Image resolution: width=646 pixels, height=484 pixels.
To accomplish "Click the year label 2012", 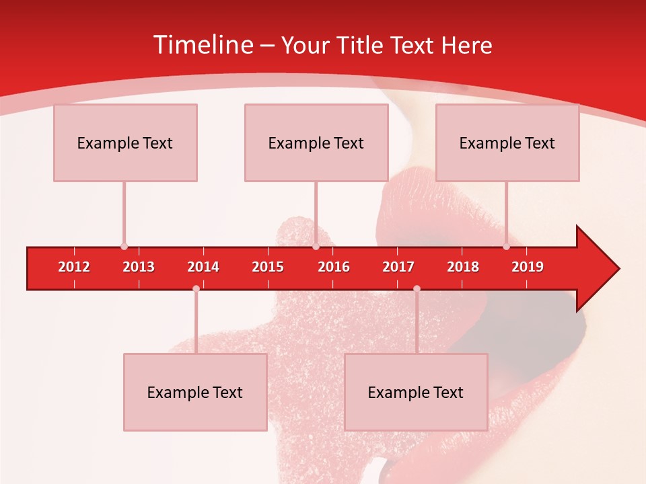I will click(74, 267).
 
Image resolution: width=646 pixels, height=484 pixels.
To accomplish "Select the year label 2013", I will click(139, 267).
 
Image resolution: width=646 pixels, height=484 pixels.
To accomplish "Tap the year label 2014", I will click(203, 267).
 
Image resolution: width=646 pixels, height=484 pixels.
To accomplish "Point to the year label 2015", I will click(268, 267).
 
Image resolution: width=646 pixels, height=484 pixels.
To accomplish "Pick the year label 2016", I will click(334, 267).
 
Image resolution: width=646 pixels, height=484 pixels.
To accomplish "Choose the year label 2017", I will click(398, 267).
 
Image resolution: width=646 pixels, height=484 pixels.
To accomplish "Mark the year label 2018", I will click(463, 267).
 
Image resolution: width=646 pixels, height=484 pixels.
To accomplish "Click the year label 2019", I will click(528, 267).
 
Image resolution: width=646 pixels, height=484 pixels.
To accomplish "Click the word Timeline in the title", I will click(203, 45).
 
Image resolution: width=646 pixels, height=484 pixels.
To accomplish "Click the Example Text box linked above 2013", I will click(125, 143).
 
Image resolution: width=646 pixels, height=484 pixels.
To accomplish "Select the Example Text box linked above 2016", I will click(316, 143).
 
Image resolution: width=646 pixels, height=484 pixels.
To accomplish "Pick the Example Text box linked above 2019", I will click(507, 143).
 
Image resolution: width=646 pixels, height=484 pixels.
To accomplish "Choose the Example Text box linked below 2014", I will click(195, 393).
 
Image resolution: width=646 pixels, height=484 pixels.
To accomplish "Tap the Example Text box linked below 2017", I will click(416, 393).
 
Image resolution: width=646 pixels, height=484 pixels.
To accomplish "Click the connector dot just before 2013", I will click(124, 247).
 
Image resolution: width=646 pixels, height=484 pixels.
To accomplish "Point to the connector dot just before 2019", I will click(506, 247).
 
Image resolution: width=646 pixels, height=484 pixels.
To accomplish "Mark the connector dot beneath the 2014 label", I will click(196, 288).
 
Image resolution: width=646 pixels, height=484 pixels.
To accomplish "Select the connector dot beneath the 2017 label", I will click(417, 288).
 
